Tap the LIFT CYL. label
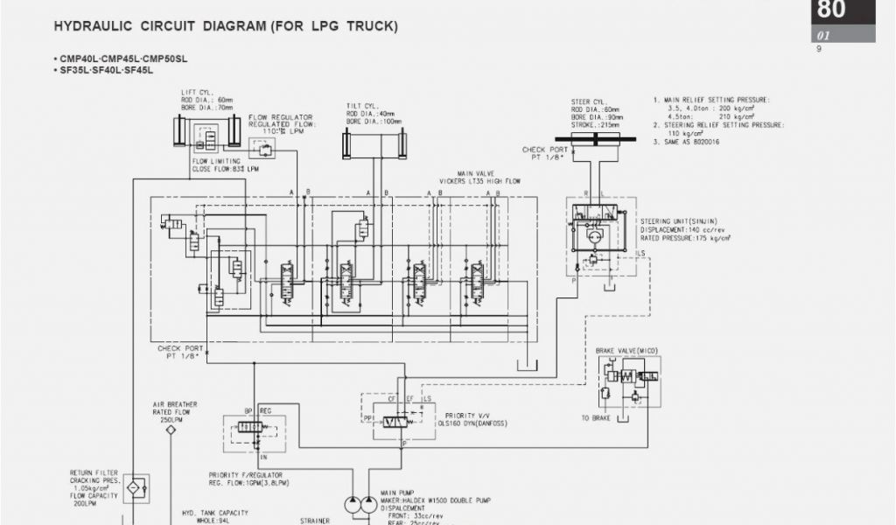pos(196,92)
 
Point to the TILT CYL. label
pos(360,105)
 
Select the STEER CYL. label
pos(588,101)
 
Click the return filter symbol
pos(135,487)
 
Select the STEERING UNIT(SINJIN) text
pos(680,221)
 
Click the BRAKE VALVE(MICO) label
pos(626,350)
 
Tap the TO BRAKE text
pos(597,418)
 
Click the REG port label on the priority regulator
pos(266,409)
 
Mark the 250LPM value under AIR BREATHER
pos(171,420)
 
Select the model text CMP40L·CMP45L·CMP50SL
pos(122,59)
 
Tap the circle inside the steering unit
pos(594,235)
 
